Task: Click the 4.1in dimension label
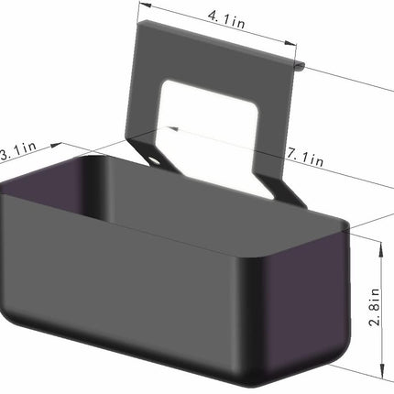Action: [x=226, y=19]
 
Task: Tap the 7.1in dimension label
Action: [x=305, y=157]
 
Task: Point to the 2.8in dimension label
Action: [x=375, y=307]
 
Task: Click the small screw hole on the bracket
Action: [x=154, y=160]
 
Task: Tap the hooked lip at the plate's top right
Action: [x=300, y=66]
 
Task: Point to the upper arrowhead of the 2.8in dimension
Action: [x=381, y=250]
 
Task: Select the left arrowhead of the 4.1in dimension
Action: [x=145, y=5]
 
